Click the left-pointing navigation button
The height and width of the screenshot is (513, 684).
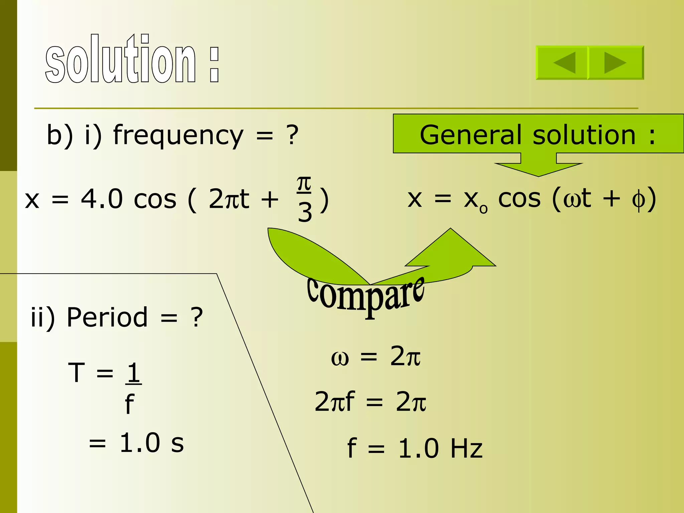click(x=562, y=62)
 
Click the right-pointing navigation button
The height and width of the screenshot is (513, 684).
click(x=616, y=62)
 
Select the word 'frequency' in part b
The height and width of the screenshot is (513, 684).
click(x=178, y=136)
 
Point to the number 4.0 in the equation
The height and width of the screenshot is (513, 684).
click(x=102, y=199)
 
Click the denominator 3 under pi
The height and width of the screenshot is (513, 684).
click(x=305, y=212)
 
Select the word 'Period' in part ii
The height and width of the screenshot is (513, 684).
click(x=107, y=317)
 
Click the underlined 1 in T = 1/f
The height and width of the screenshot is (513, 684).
click(x=134, y=373)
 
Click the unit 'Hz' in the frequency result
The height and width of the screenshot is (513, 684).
click(x=466, y=449)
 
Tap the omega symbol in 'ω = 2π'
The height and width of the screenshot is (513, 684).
click(x=340, y=358)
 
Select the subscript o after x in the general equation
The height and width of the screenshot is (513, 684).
click(x=483, y=209)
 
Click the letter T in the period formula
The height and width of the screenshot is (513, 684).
click(x=76, y=373)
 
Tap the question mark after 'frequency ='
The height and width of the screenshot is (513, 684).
click(x=292, y=136)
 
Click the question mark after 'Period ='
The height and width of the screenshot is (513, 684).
click(x=197, y=317)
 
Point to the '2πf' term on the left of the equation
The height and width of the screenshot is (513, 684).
click(x=334, y=401)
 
